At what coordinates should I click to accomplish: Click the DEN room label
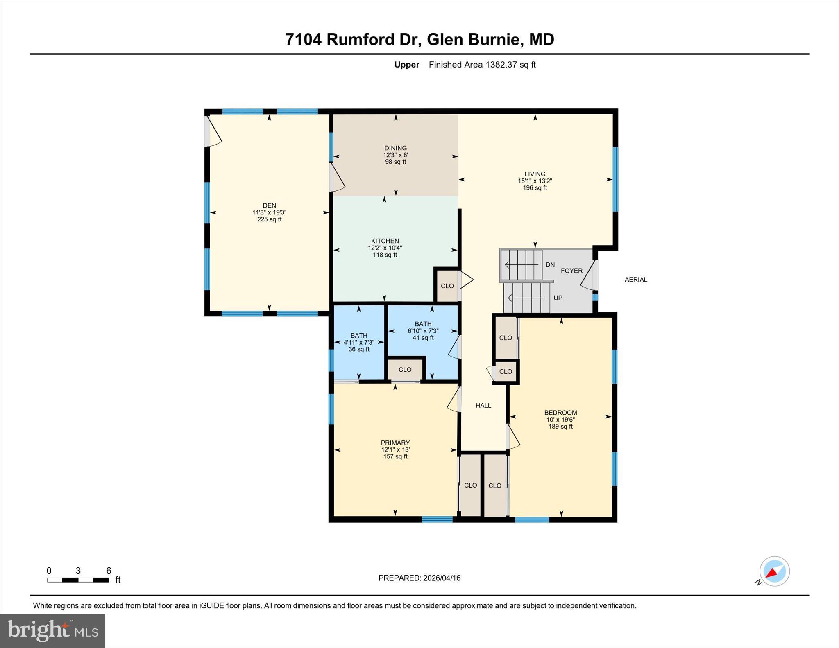pyautogui.click(x=269, y=205)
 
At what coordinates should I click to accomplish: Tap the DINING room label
pyautogui.click(x=395, y=148)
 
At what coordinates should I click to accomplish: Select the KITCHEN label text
pyautogui.click(x=385, y=241)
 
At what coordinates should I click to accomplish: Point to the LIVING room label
pyautogui.click(x=535, y=174)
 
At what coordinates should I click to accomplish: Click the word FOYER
pyautogui.click(x=571, y=271)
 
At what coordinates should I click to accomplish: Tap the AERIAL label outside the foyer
pyautogui.click(x=636, y=280)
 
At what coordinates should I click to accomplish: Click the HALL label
pyautogui.click(x=483, y=405)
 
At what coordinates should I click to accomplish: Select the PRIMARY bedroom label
pyautogui.click(x=395, y=443)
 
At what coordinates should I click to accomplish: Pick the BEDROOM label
pyautogui.click(x=560, y=413)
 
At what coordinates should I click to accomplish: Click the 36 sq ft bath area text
pyautogui.click(x=359, y=349)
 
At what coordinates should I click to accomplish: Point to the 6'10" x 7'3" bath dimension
pyautogui.click(x=423, y=331)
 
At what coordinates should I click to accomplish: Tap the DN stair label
pyautogui.click(x=550, y=265)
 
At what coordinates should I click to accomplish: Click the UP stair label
pyautogui.click(x=558, y=298)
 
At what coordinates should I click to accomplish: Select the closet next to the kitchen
pyautogui.click(x=447, y=286)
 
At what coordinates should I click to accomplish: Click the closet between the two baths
pyautogui.click(x=405, y=370)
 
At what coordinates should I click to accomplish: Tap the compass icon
pyautogui.click(x=774, y=571)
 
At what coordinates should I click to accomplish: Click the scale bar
pyautogui.click(x=78, y=580)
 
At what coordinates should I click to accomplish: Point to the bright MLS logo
pyautogui.click(x=53, y=630)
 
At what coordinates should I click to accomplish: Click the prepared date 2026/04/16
pyautogui.click(x=442, y=578)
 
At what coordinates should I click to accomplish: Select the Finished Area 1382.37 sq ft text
pyautogui.click(x=482, y=65)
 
